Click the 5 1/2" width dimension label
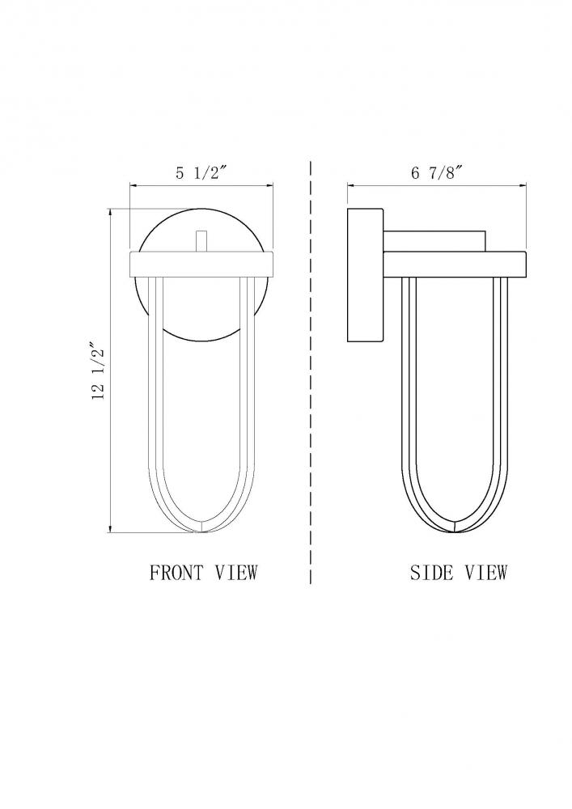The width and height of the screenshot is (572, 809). pos(201,172)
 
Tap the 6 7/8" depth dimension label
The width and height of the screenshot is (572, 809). pos(435,172)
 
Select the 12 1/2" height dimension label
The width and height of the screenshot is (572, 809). pos(99,370)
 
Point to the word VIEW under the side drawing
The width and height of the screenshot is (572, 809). pos(487,572)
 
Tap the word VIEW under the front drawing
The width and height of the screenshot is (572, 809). pos(236,572)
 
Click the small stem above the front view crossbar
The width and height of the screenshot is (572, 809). pos(201,242)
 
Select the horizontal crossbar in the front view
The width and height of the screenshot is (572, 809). pos(201,265)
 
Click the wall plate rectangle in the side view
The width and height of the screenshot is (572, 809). pos(365,275)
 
